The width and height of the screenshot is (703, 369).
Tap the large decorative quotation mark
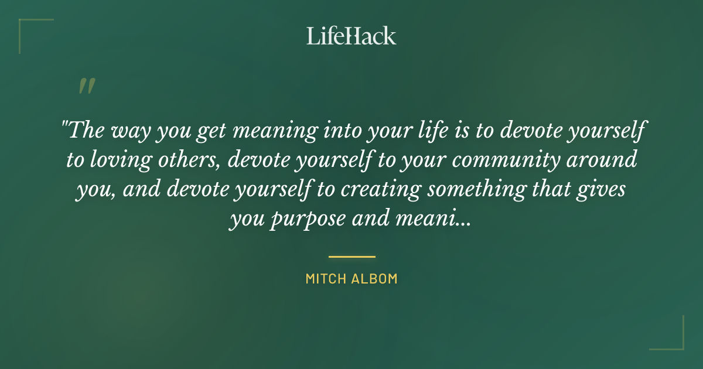coord(86,86)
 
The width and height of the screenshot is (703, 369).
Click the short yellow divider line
coord(351,257)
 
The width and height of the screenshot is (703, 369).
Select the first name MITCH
coord(324,279)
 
